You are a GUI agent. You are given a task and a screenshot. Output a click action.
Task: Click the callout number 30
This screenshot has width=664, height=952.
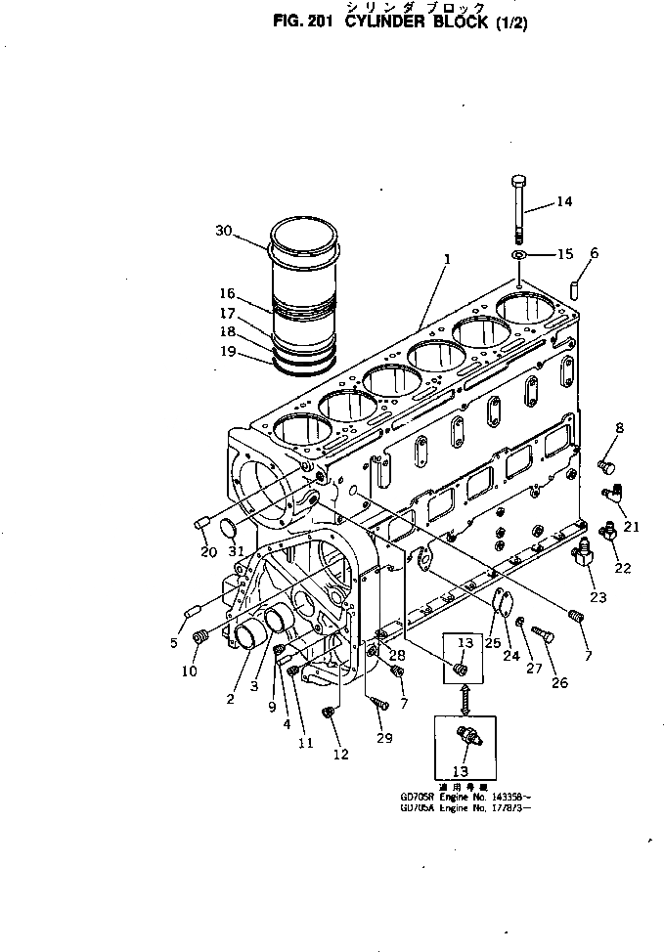pyautogui.click(x=224, y=231)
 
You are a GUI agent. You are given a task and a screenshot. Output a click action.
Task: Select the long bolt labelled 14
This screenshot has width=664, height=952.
pyautogui.click(x=519, y=209)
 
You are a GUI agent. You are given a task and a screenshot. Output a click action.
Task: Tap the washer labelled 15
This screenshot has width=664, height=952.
pyautogui.click(x=518, y=255)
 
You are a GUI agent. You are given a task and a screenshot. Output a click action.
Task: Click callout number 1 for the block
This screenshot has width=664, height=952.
pyautogui.click(x=446, y=261)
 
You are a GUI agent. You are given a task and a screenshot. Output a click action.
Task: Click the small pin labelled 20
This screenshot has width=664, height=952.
pyautogui.click(x=202, y=522)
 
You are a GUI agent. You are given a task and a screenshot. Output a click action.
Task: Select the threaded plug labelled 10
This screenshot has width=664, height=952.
pyautogui.click(x=200, y=637)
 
